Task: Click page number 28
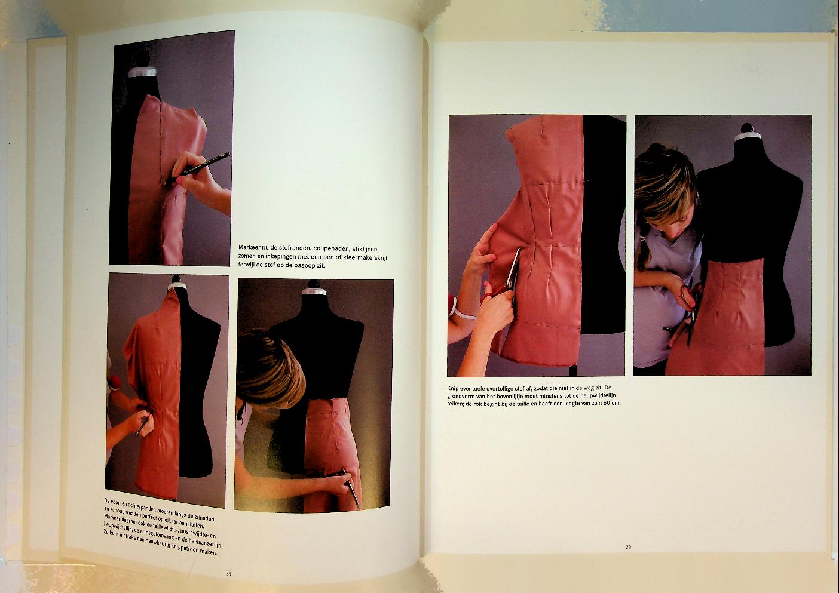click(x=228, y=573)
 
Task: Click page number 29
click(x=628, y=547)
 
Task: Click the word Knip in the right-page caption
click(x=453, y=388)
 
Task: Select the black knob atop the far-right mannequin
click(x=748, y=128)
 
